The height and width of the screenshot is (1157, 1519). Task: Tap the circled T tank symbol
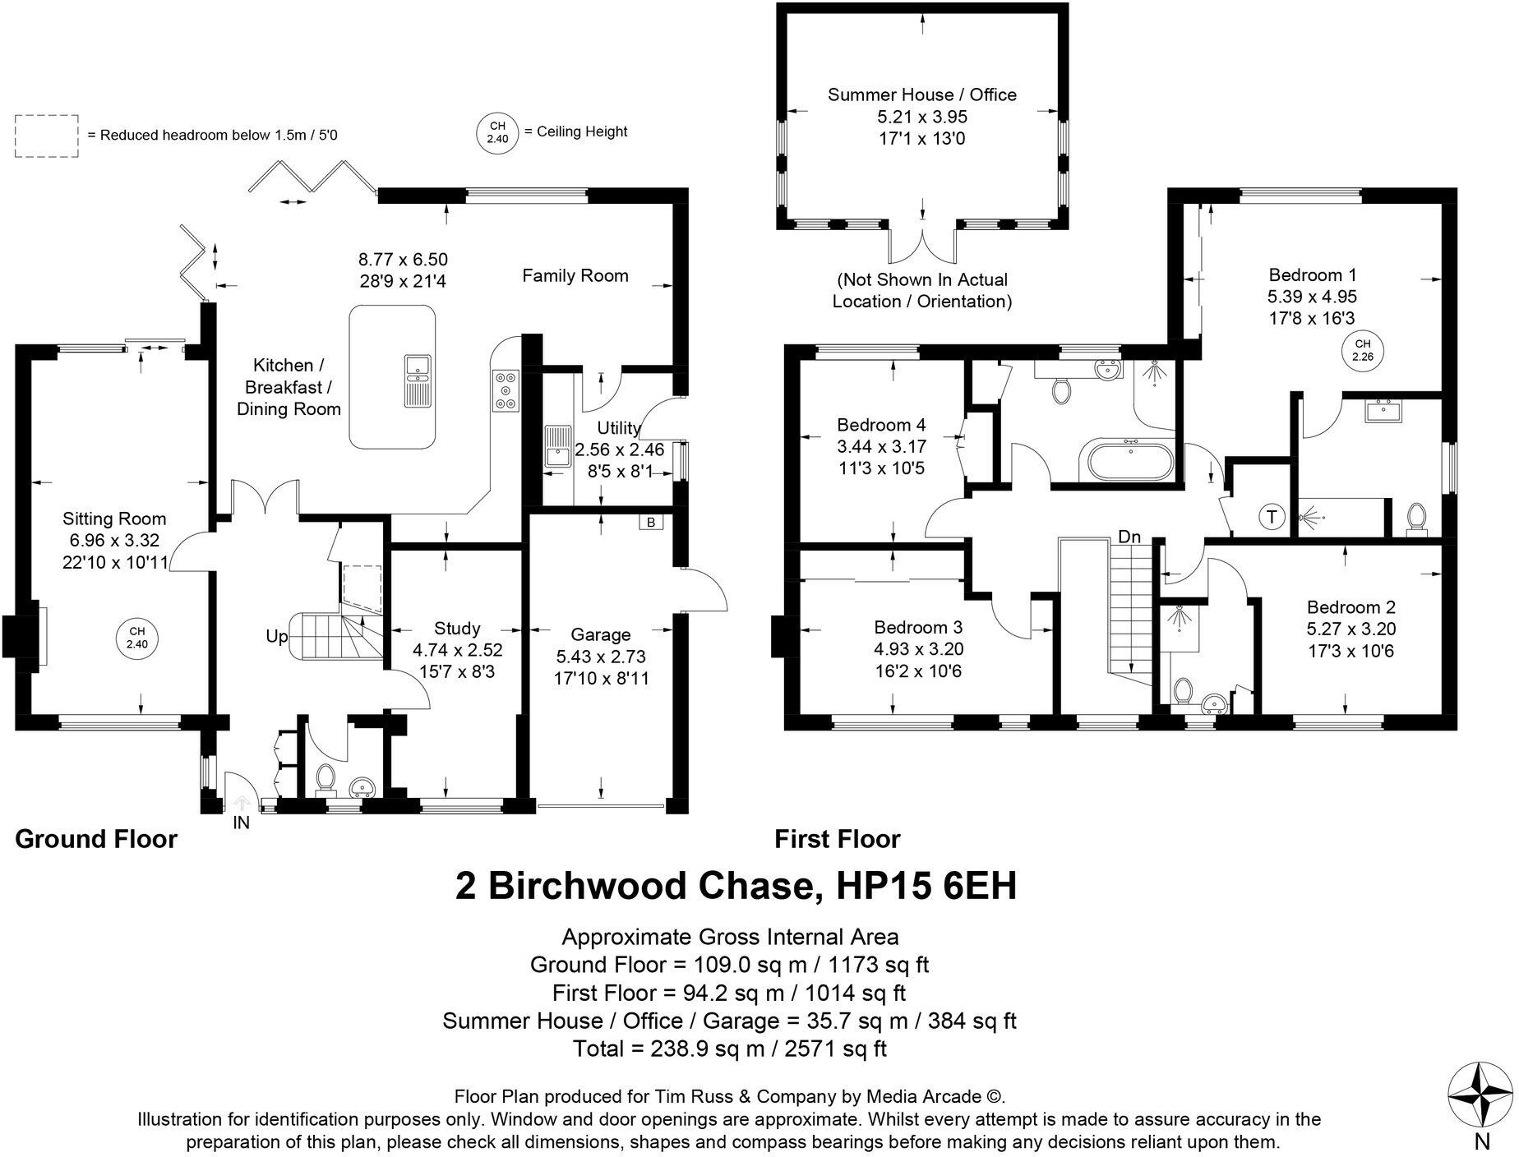1272,517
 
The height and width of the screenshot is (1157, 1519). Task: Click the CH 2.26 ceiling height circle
1362,350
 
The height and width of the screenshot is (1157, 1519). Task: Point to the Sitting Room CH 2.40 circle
137,638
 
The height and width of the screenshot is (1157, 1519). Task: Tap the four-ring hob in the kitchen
505,390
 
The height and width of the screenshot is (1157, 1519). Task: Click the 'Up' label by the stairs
277,637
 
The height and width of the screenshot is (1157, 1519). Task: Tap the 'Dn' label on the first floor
1129,537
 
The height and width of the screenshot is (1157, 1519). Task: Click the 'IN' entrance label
241,822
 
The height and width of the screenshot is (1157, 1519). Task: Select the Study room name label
457,629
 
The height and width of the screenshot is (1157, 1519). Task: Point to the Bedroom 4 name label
881,425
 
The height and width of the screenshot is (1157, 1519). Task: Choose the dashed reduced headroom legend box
47,136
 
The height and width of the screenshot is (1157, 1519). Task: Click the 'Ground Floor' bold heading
96,839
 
